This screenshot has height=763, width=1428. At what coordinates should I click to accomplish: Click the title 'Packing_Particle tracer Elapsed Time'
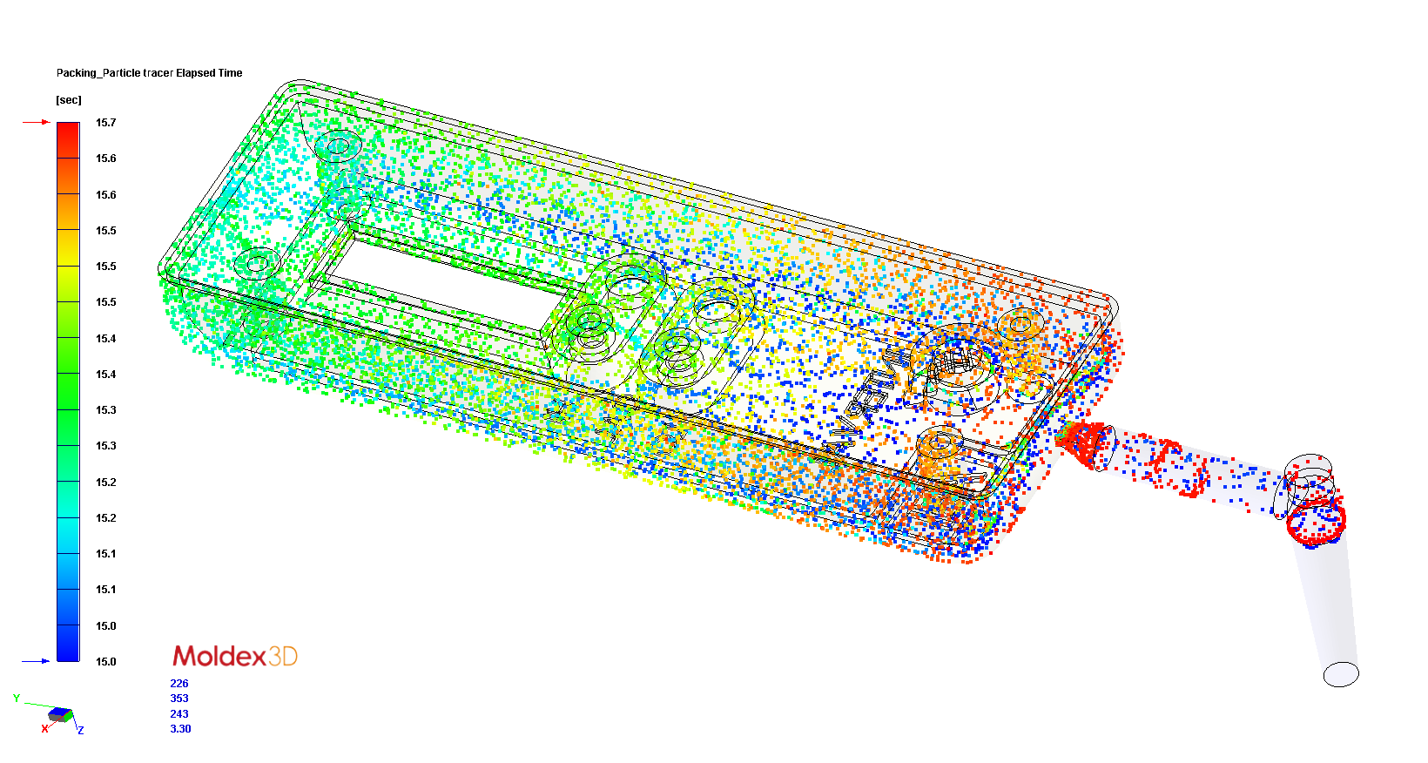click(x=149, y=73)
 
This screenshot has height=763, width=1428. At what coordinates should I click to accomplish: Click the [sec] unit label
click(x=69, y=100)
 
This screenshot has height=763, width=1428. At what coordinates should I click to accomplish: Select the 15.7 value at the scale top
click(x=105, y=123)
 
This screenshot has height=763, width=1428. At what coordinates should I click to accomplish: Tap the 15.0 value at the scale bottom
click(x=105, y=662)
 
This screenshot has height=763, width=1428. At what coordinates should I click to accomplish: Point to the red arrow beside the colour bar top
click(x=36, y=123)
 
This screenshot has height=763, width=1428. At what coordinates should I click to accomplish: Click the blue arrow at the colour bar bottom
click(x=36, y=661)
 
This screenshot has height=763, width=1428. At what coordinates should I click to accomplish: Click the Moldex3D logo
click(x=235, y=656)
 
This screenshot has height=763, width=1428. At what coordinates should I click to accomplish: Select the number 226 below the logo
click(x=179, y=684)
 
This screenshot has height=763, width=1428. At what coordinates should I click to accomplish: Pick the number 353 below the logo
click(x=179, y=699)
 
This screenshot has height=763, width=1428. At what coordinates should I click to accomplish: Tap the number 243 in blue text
click(x=179, y=714)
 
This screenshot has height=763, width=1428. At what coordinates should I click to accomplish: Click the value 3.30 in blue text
click(x=180, y=729)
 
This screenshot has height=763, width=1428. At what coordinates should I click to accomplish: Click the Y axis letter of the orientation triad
click(x=17, y=699)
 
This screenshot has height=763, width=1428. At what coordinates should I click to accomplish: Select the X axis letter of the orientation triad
click(x=44, y=729)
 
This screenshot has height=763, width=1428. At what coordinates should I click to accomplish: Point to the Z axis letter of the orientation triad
click(x=81, y=730)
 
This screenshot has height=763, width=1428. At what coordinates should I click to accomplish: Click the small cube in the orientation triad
click(x=60, y=714)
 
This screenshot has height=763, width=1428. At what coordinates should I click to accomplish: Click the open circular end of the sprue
click(x=1341, y=674)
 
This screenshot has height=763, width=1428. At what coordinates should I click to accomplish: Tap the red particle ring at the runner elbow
click(x=1317, y=521)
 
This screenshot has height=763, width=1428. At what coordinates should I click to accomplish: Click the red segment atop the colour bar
click(x=68, y=139)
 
